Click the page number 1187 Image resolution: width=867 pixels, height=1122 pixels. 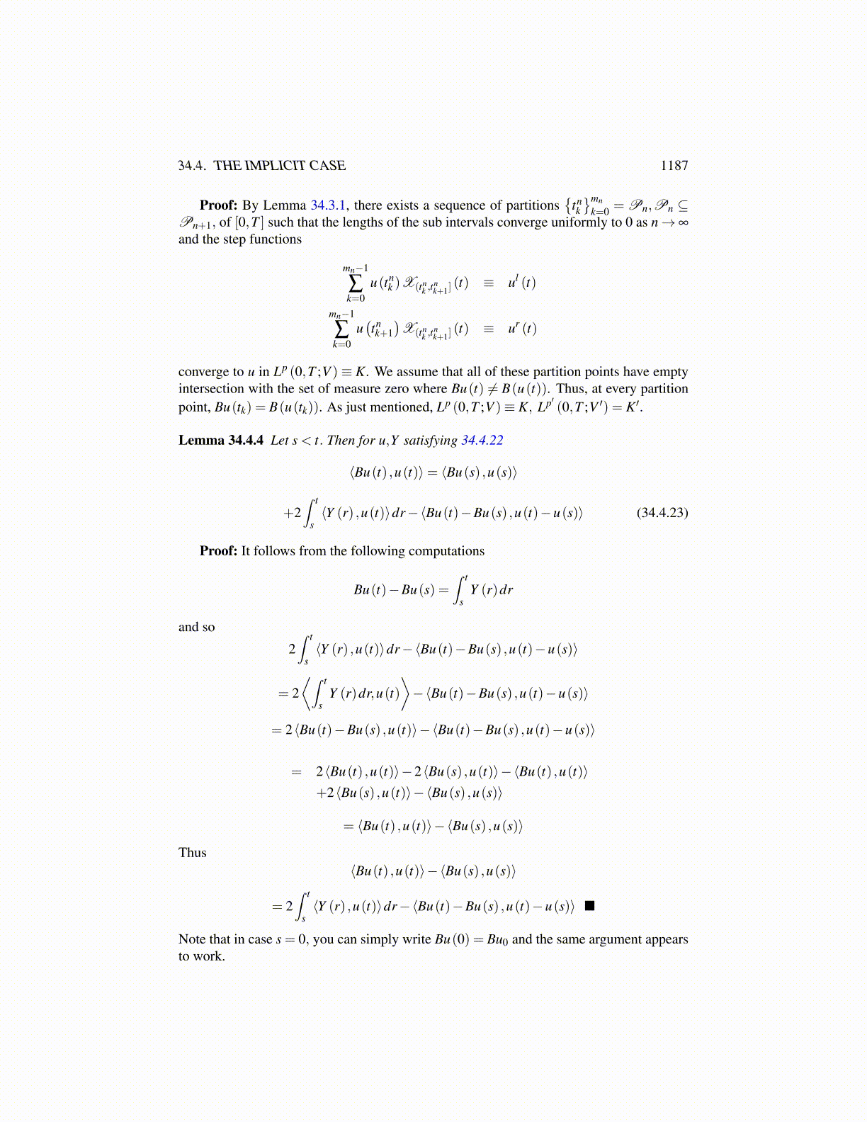(x=674, y=166)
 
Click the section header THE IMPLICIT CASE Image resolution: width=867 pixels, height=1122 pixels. (x=279, y=166)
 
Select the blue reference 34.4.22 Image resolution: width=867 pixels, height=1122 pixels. (x=482, y=441)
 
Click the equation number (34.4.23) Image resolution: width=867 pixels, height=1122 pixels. (x=662, y=513)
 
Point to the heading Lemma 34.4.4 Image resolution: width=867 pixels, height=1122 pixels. (x=220, y=441)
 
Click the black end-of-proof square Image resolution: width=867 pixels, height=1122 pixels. (x=589, y=906)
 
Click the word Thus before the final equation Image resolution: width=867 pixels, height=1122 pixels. (x=192, y=853)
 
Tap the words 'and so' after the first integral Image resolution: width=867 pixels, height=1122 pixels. (x=196, y=628)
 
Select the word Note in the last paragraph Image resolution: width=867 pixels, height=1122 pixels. (x=192, y=939)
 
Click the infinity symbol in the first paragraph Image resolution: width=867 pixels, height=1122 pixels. (x=683, y=222)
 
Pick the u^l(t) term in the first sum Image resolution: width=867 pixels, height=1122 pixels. (x=521, y=283)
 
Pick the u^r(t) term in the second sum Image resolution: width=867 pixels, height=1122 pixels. (x=521, y=329)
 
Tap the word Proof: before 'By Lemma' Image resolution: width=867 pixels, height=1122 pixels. (x=218, y=205)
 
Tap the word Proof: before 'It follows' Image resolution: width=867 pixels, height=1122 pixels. (x=218, y=551)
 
